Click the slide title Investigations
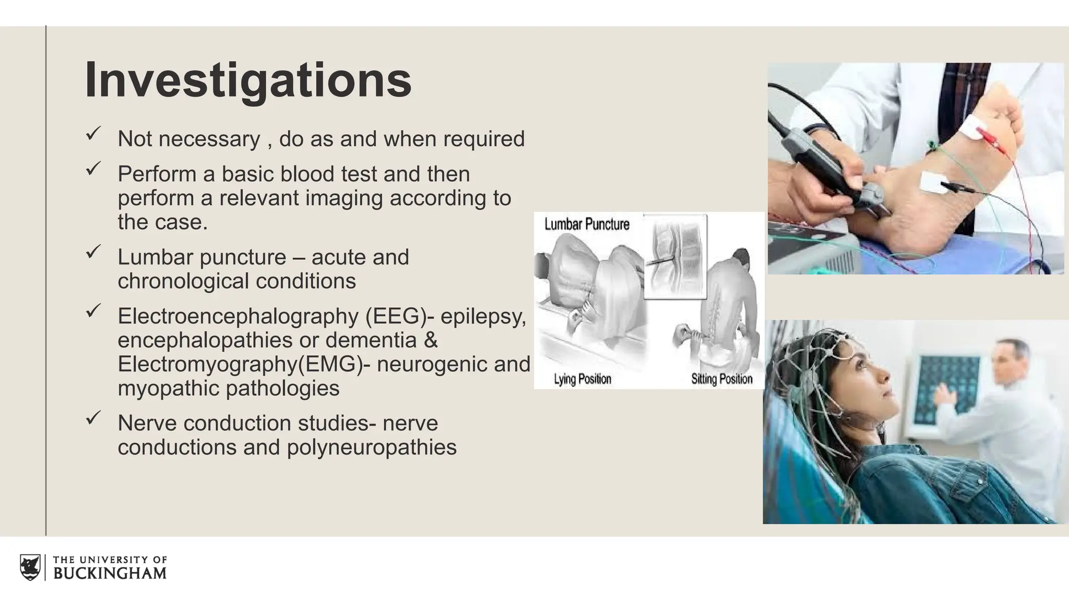(248, 80)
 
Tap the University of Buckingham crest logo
(30, 567)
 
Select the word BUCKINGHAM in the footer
(110, 573)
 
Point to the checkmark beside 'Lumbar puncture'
(93, 253)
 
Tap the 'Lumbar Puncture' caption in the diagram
(587, 224)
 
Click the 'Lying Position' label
(583, 379)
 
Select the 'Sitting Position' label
(722, 379)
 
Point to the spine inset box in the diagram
(675, 256)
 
